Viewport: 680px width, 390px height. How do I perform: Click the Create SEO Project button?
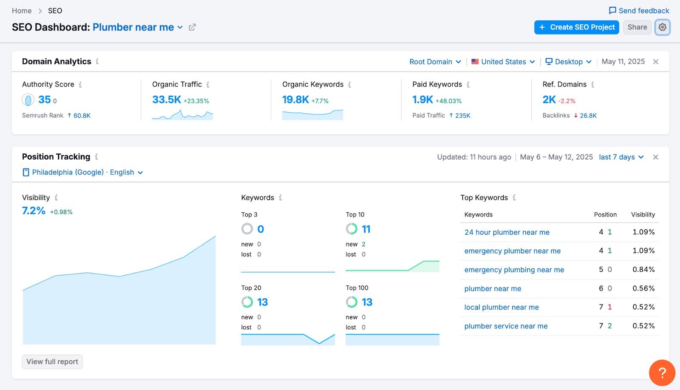pos(576,27)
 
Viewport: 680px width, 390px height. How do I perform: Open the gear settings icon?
pos(662,27)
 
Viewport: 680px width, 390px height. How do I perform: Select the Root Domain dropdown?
pos(435,62)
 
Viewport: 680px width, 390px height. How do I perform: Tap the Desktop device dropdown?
pos(568,62)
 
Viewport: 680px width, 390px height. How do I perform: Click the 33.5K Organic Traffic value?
pos(167,100)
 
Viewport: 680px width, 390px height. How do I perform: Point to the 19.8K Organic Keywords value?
pos(295,100)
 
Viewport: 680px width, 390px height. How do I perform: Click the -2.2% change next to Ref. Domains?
pos(567,101)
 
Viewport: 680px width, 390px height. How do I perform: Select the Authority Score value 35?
pos(44,100)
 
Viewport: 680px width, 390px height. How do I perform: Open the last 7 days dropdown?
pos(621,157)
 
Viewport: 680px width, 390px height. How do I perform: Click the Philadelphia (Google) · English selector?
pos(83,172)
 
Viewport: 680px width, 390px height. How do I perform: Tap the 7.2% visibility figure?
pos(34,211)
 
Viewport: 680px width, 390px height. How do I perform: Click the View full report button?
pos(52,362)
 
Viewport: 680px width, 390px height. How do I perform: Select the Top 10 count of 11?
pos(366,229)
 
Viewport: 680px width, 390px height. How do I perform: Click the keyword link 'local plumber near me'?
pos(501,307)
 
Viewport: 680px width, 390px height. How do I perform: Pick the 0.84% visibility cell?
pos(643,270)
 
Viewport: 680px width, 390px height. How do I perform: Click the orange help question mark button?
pos(662,373)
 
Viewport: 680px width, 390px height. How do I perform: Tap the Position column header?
pos(605,215)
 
